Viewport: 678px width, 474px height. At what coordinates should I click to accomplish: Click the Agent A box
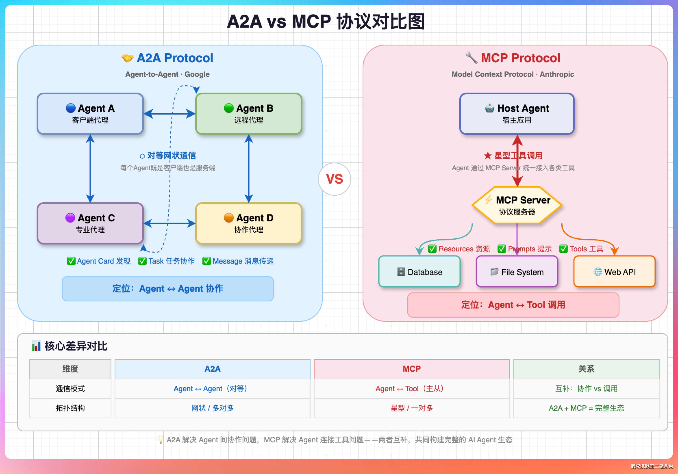[x=90, y=114]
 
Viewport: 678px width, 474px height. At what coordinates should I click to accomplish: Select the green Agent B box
[x=249, y=114]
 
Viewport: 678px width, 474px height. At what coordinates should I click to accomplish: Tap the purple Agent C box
[x=90, y=223]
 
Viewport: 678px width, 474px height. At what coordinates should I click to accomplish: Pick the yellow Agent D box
[x=249, y=223]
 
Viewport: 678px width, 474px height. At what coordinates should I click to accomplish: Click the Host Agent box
[x=517, y=114]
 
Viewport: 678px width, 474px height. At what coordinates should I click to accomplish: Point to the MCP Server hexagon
[x=517, y=205]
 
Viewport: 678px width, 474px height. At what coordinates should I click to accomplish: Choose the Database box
[x=419, y=272]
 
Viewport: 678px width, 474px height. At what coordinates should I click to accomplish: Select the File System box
[x=517, y=272]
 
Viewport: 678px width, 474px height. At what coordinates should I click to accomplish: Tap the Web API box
[x=614, y=272]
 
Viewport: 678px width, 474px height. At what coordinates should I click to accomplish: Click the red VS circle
[x=334, y=179]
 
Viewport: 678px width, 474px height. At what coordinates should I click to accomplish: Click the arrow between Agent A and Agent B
[x=169, y=114]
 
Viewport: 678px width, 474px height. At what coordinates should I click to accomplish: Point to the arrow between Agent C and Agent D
[x=169, y=223]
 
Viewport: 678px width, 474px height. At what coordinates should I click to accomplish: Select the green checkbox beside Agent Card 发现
[x=71, y=261]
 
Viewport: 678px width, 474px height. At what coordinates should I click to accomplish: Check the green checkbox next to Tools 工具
[x=563, y=249]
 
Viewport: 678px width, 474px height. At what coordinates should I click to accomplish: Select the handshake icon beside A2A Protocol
[x=128, y=58]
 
